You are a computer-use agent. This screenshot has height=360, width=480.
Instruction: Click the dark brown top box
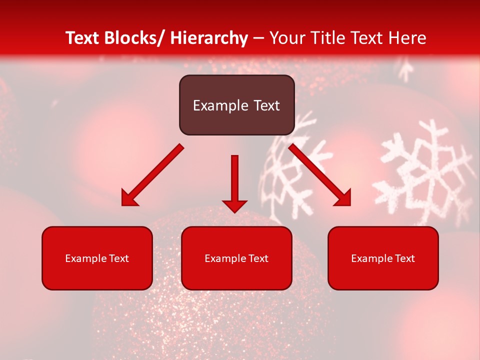pyautogui.click(x=236, y=105)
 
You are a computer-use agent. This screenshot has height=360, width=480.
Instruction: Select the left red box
pyautogui.click(x=97, y=258)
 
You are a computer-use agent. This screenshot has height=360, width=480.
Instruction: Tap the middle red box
pyautogui.click(x=236, y=258)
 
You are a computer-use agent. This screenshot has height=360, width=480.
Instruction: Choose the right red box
pyautogui.click(x=383, y=258)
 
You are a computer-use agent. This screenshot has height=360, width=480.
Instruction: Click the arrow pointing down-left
pyautogui.click(x=152, y=175)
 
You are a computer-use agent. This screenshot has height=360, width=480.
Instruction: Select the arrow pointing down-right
pyautogui.click(x=320, y=175)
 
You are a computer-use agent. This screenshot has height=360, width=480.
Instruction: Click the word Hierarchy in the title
pyautogui.click(x=209, y=38)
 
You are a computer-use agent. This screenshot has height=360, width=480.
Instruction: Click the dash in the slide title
pyautogui.click(x=258, y=38)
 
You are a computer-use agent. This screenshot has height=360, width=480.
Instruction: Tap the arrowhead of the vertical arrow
pyautogui.click(x=234, y=205)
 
